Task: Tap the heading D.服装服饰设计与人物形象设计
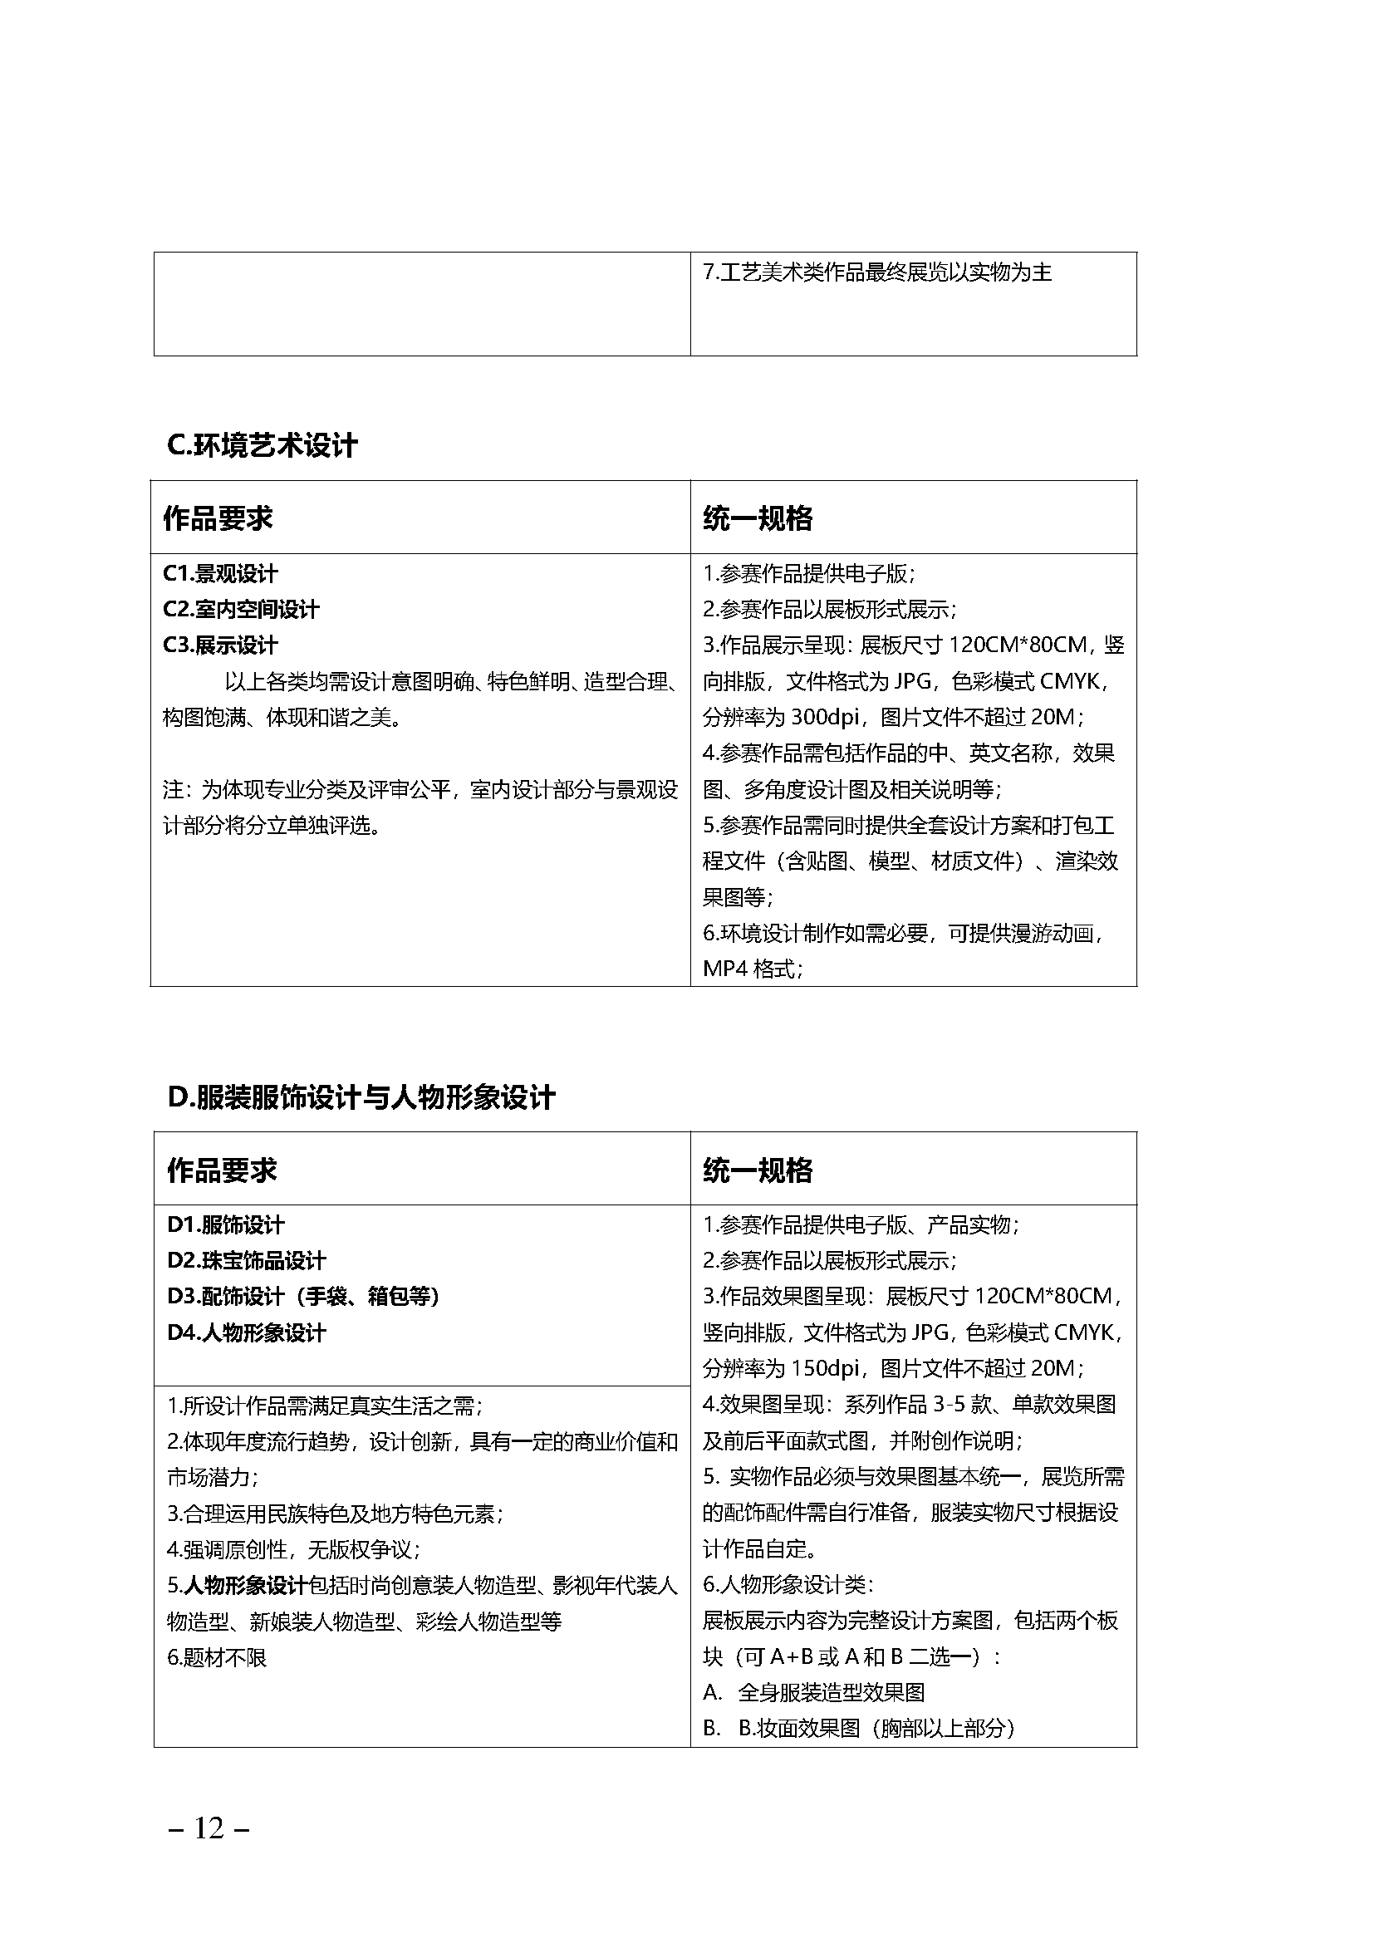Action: point(361,1097)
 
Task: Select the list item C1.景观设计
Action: point(220,574)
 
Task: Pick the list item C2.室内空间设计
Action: point(241,609)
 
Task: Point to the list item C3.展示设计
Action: point(220,645)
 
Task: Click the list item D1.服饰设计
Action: point(226,1224)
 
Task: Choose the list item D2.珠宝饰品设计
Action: point(246,1260)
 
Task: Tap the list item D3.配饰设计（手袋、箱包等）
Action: point(303,1297)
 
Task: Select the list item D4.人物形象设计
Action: point(246,1332)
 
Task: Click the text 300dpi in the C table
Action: point(824,718)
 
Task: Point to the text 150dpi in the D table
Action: point(824,1368)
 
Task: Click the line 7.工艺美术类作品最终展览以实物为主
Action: point(877,272)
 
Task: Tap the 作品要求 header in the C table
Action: point(218,518)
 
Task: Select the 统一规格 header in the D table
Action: point(758,1170)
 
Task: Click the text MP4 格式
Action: point(752,969)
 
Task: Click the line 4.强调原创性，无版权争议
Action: point(293,1549)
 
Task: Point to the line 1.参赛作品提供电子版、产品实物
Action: point(861,1224)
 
